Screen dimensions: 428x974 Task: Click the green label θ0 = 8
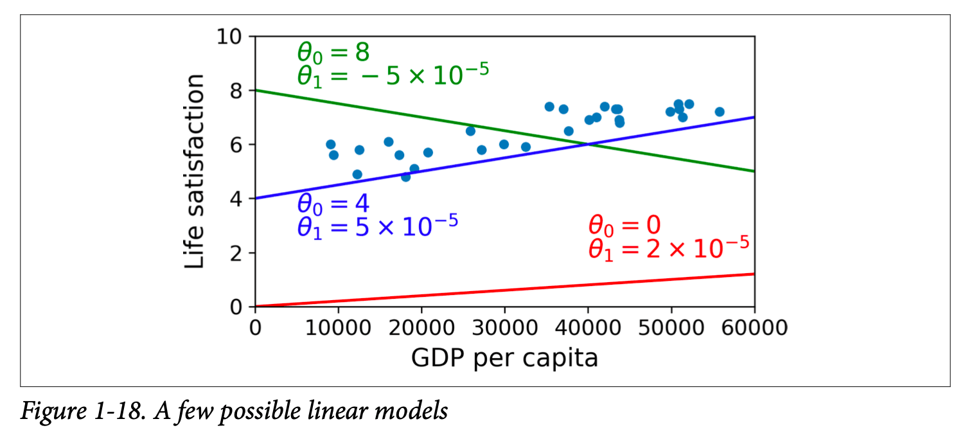click(x=333, y=53)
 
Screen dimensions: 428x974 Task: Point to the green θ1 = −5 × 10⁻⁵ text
click(x=393, y=76)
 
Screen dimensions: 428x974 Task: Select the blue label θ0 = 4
click(x=333, y=204)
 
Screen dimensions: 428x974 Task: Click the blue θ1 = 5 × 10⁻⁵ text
click(x=377, y=226)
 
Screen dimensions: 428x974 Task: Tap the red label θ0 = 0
click(x=624, y=226)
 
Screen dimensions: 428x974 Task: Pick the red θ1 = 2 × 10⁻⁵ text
click(x=668, y=248)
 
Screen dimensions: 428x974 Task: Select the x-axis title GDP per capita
click(x=504, y=358)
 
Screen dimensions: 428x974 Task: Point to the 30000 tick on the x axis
click(x=504, y=328)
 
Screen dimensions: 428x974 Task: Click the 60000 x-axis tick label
click(x=753, y=328)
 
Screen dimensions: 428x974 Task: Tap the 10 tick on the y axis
click(x=229, y=37)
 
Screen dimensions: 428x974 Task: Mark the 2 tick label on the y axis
click(x=235, y=253)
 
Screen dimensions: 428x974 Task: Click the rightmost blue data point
click(x=719, y=112)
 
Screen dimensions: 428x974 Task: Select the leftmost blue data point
click(x=330, y=145)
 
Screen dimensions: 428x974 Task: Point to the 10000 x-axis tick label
click(x=339, y=328)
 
